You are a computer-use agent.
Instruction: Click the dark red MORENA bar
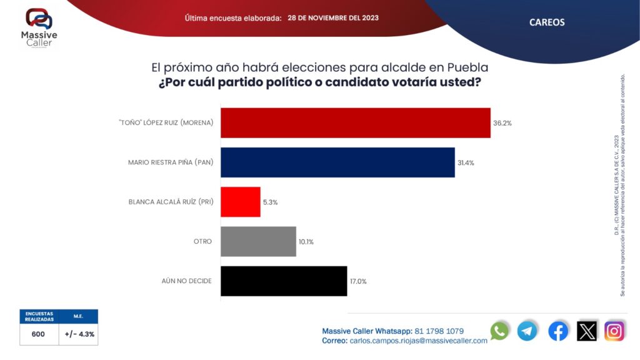pyautogui.click(x=356, y=123)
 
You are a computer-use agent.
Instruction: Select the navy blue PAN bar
pyautogui.click(x=337, y=162)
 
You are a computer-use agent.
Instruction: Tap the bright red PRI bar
pyautogui.click(x=241, y=202)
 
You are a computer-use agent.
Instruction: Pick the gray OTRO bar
pyautogui.click(x=258, y=242)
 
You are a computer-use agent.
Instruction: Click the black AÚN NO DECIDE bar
pyautogui.click(x=284, y=281)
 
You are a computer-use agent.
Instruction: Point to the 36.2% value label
pyautogui.click(x=502, y=123)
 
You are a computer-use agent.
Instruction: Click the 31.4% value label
pyautogui.click(x=466, y=163)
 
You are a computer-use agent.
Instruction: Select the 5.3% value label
pyautogui.click(x=270, y=202)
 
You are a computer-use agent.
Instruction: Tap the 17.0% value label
pyautogui.click(x=358, y=281)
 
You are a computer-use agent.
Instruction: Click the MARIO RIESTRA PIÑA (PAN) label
pyautogui.click(x=171, y=162)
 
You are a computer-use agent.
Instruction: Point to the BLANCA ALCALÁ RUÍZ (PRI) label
pyautogui.click(x=171, y=202)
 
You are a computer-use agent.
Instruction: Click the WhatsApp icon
pyautogui.click(x=499, y=331)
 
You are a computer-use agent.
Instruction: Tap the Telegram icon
pyautogui.click(x=527, y=331)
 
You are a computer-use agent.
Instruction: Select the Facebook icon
pyautogui.click(x=558, y=331)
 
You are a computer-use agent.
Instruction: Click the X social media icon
pyautogui.click(x=587, y=331)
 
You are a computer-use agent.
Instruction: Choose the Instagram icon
pyautogui.click(x=615, y=331)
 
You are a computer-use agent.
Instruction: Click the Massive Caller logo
pyautogui.click(x=39, y=27)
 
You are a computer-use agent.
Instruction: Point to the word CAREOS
pyautogui.click(x=547, y=22)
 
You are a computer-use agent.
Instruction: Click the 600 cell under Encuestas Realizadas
pyautogui.click(x=38, y=334)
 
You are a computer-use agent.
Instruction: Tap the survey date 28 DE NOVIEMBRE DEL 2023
pyautogui.click(x=333, y=18)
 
